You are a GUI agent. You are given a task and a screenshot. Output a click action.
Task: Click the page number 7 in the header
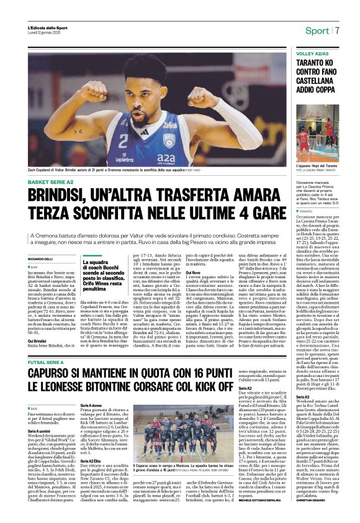(x=337, y=31)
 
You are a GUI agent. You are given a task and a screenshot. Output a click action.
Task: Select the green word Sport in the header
(x=317, y=31)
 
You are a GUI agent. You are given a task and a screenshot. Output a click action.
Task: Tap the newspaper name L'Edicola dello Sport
(x=48, y=28)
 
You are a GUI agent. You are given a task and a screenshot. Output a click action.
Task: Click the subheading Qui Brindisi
(x=38, y=324)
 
